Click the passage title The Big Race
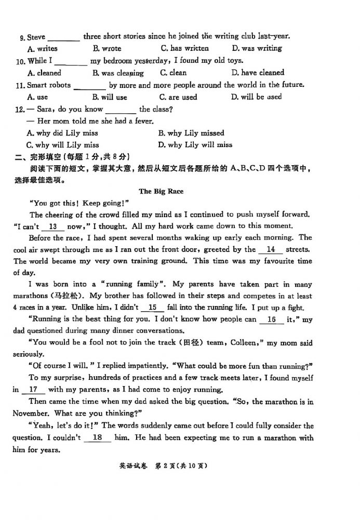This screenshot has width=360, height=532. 161,191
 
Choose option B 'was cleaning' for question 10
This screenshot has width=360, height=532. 118,73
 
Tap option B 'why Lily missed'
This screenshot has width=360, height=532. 191,133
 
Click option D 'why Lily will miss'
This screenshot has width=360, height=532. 195,145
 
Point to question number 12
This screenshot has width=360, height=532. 20,109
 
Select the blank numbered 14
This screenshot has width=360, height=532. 270,249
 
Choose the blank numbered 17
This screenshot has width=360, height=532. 33,389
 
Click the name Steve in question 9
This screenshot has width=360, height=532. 36,37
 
